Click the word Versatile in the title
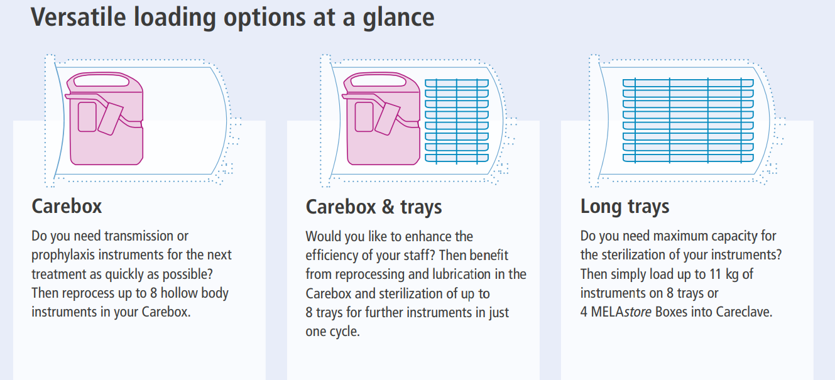pos(79,17)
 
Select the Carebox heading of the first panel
pos(67,206)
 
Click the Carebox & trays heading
pos(373,207)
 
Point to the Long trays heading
pos(625,207)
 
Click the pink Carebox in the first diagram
pos(105,119)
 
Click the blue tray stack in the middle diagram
pos(457,121)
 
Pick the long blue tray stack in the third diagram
pos(688,121)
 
